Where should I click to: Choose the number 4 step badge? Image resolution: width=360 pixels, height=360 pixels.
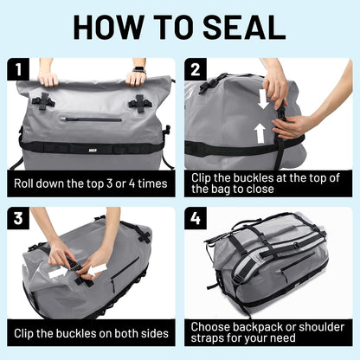tap(196, 217)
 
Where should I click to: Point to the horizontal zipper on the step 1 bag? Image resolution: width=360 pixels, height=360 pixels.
tap(94, 119)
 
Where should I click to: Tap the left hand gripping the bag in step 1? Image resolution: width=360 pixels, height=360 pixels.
tap(49, 78)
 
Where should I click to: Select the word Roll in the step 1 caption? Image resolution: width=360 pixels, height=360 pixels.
tap(26, 183)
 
